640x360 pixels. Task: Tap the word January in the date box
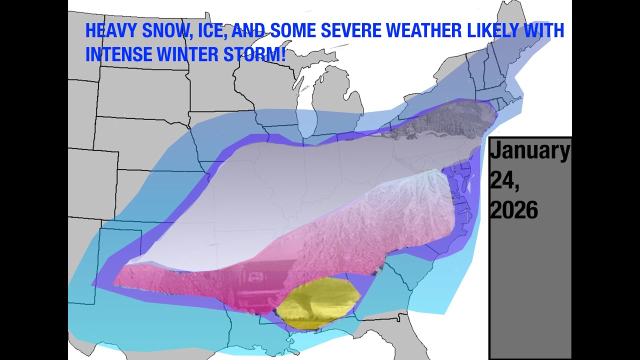pos(529,151)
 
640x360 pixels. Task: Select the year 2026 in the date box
pos(513,210)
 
